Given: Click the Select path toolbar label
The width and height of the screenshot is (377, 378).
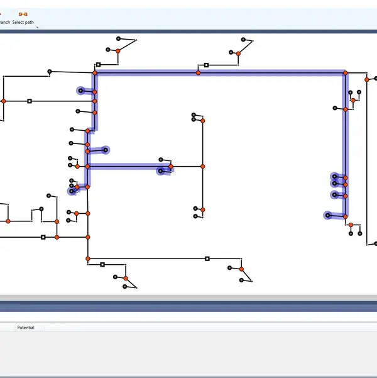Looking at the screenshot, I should tap(23, 22).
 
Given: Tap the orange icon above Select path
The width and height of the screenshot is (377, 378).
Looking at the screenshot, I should tap(23, 13).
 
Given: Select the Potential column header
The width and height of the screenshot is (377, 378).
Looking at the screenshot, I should tap(26, 328).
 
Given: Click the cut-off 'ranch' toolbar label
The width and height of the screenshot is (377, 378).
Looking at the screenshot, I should tap(4, 22).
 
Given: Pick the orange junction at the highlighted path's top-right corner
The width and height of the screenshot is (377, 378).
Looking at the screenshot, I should tap(345, 73).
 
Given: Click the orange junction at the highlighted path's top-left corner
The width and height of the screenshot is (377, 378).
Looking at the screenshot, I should tap(95, 73).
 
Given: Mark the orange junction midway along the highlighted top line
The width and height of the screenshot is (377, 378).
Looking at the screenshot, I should tap(198, 73).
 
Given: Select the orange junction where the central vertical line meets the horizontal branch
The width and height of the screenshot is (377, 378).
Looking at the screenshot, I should tap(202, 167).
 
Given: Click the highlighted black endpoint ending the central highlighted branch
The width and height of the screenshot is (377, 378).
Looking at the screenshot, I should tap(161, 170).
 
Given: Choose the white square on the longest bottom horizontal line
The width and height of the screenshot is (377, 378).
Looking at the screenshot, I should tap(207, 258).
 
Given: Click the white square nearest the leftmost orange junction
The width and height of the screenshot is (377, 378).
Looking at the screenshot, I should tap(30, 101).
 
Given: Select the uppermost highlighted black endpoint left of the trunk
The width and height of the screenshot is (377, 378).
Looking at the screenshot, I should tap(80, 91).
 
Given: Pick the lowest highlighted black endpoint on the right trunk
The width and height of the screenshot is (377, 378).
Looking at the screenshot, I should tap(327, 216).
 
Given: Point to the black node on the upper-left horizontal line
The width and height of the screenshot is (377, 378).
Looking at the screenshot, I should tap(50, 72).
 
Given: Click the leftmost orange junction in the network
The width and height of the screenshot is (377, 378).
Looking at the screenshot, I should tap(3, 101).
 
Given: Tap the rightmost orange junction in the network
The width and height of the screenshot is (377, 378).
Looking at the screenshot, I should tap(367, 80).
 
